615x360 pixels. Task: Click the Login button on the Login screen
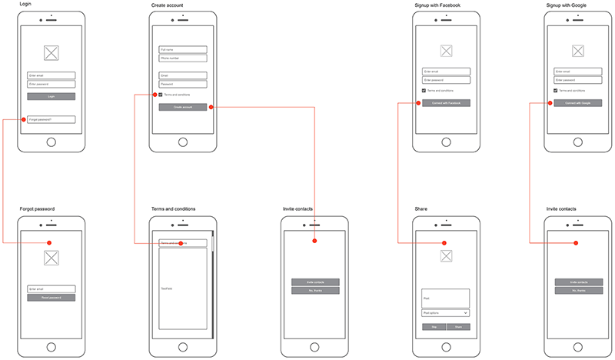52,97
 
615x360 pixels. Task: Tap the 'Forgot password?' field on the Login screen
52,119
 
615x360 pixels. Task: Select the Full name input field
183,49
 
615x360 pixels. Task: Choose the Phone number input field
183,58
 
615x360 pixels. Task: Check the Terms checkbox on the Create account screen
161,95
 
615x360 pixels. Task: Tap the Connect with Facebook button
446,102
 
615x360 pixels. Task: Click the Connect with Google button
577,102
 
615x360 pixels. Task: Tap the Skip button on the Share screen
434,327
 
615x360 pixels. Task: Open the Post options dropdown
446,313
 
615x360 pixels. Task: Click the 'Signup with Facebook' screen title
437,5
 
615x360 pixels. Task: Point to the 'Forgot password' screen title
37,209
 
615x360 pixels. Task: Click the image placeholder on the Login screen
52,53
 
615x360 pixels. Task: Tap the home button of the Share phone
446,345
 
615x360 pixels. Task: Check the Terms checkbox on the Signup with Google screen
556,90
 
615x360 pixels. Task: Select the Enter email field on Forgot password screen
52,289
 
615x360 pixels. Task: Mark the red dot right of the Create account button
211,108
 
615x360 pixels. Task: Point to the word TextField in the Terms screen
166,288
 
